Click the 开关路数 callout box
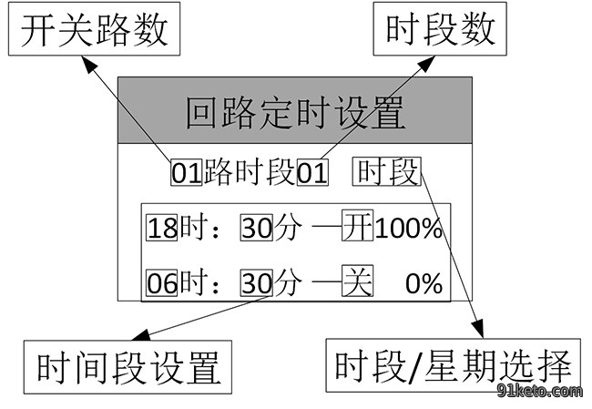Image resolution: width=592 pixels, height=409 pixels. (x=94, y=29)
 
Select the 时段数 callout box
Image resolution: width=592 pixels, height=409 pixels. (x=440, y=29)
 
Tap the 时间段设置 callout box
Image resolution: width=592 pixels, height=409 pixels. (x=128, y=367)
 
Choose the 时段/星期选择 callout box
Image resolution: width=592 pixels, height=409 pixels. (x=453, y=365)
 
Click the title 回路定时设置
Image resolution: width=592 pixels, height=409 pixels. (x=295, y=112)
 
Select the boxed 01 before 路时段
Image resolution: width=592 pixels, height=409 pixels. (x=187, y=173)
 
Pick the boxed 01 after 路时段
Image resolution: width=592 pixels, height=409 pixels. (x=312, y=173)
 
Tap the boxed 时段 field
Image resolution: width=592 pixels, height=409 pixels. (x=387, y=172)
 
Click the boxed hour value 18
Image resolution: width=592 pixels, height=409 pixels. (x=162, y=228)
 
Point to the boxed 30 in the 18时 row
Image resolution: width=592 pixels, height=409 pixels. (x=256, y=228)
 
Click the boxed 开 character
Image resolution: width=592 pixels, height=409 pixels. (x=358, y=226)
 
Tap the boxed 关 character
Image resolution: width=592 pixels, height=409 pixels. (x=358, y=281)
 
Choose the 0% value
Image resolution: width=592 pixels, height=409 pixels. (x=424, y=283)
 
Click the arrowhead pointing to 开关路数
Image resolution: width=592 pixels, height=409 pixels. (x=89, y=64)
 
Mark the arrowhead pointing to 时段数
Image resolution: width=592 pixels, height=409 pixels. (x=426, y=64)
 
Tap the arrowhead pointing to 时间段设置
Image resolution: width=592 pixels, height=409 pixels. (x=141, y=335)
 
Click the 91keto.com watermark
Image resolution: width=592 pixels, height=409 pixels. (x=539, y=392)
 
